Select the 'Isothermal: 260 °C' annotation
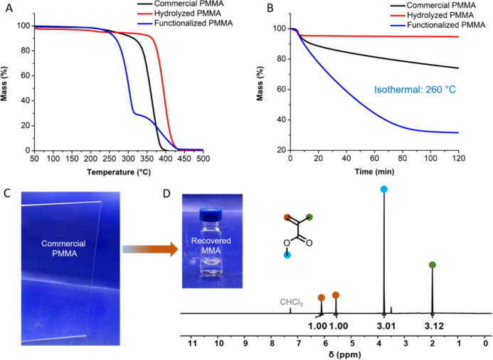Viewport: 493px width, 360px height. tap(415, 90)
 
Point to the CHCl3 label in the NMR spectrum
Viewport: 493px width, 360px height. tap(292, 302)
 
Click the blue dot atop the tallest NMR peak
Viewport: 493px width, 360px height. tap(384, 189)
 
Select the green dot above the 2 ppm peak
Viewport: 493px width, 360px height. tap(432, 265)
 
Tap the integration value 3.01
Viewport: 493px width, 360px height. tap(386, 326)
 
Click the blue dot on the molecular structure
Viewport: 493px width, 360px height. tap(287, 255)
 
